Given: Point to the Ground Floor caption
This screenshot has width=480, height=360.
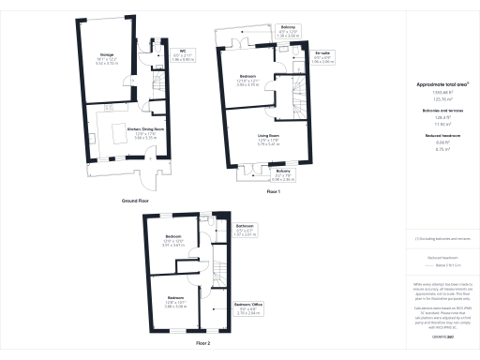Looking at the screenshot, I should click(x=137, y=201).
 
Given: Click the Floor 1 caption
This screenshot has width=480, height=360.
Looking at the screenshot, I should click(x=273, y=190).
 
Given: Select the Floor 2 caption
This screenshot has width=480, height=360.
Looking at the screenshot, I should click(x=202, y=344).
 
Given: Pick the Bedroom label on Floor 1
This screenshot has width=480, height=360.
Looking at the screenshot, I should click(x=247, y=78).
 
